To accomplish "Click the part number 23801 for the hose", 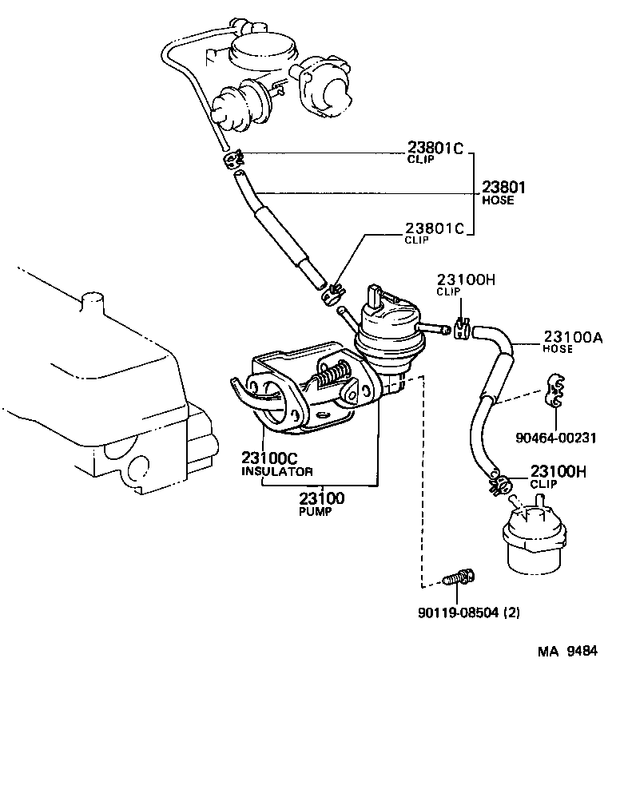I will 503,188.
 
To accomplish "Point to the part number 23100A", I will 573,338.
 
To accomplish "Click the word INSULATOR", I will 277,472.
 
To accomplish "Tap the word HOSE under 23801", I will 498,201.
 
